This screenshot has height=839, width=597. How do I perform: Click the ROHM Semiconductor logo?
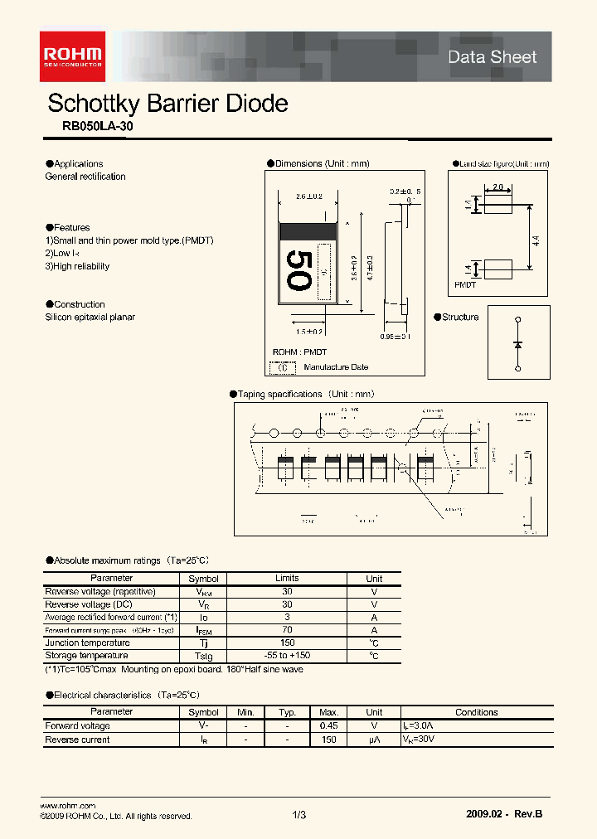74,55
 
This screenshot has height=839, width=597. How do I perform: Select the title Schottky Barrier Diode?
167,104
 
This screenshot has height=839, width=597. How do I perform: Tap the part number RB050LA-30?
97,127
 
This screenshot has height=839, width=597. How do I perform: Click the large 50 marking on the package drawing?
298,270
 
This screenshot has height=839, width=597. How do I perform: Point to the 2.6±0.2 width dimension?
308,196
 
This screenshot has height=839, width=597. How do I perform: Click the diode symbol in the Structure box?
518,342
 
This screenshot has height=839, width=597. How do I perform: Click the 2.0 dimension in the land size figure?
498,187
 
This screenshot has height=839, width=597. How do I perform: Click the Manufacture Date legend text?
336,366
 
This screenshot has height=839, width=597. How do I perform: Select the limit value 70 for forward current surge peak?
286,630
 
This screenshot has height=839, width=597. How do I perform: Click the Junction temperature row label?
87,643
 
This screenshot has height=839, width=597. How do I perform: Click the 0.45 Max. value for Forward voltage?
328,726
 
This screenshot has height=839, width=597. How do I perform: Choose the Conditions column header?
476,712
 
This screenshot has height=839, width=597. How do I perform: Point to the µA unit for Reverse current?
374,740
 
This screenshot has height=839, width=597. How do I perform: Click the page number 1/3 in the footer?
299,816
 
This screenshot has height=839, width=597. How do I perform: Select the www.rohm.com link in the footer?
68,806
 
